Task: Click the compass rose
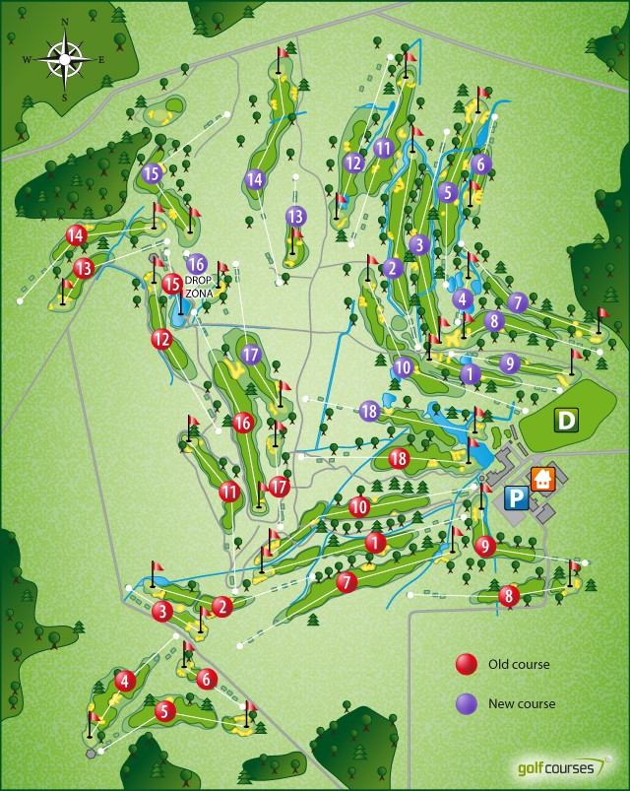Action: tap(64, 59)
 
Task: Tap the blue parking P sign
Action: tap(515, 498)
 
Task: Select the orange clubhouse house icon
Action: tap(542, 479)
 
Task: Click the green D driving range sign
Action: tap(566, 421)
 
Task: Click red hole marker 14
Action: tap(77, 235)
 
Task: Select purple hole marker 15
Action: tap(151, 173)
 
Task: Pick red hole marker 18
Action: tap(399, 458)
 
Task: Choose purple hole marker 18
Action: tap(369, 411)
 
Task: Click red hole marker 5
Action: tap(164, 709)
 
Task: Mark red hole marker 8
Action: tap(508, 595)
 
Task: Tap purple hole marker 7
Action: tap(519, 302)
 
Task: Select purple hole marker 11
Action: tap(384, 149)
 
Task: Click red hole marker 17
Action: tap(280, 486)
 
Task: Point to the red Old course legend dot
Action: tap(467, 665)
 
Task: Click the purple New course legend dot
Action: tap(467, 703)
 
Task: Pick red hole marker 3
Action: tap(162, 612)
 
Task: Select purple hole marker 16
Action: tap(196, 264)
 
